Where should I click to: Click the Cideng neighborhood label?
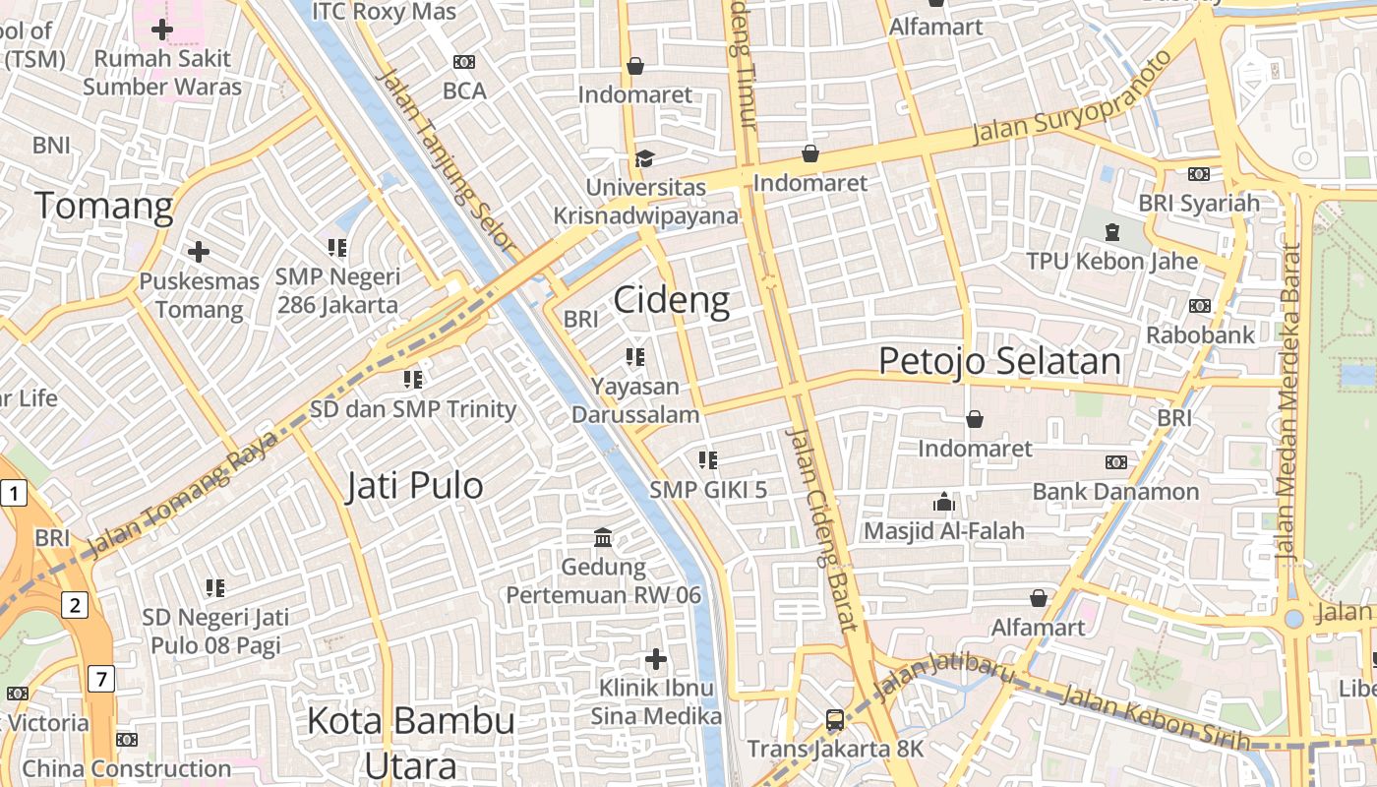(x=672, y=300)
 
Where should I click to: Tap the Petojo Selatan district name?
(x=999, y=361)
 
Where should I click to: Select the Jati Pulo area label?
(x=414, y=486)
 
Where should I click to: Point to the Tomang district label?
(x=104, y=207)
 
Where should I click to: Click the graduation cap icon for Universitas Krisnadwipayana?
(x=644, y=157)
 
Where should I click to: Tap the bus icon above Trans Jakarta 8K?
(x=835, y=720)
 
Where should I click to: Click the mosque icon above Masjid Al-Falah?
(x=944, y=502)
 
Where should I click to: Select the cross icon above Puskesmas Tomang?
(x=199, y=252)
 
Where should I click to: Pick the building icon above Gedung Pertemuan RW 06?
(x=603, y=537)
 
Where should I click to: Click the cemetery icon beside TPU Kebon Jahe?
(x=1112, y=232)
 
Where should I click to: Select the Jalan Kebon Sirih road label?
(x=1156, y=719)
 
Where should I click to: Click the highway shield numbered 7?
(x=100, y=678)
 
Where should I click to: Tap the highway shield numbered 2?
(x=75, y=604)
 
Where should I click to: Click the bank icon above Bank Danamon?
(x=1115, y=461)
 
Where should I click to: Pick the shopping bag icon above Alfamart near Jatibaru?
(x=1039, y=598)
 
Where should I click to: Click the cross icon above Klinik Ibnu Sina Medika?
(x=656, y=658)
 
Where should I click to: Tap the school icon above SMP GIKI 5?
(x=707, y=459)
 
